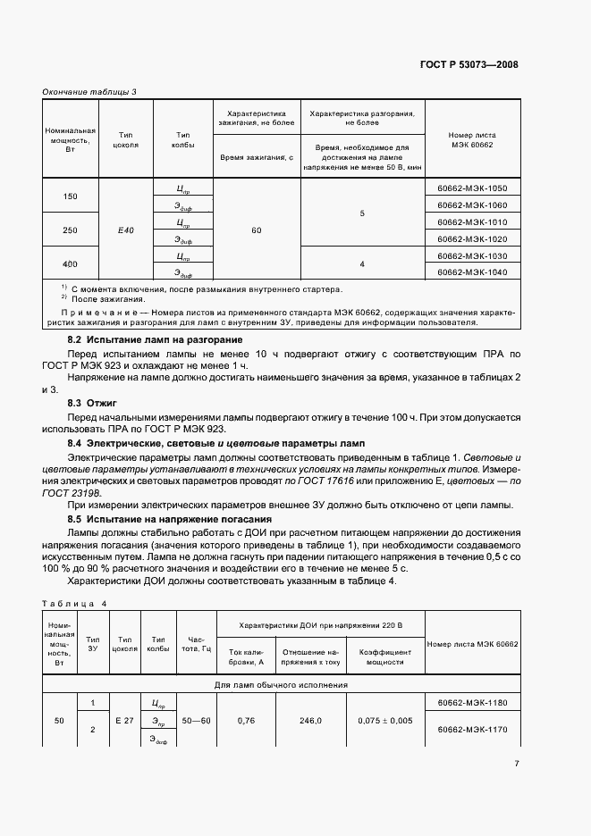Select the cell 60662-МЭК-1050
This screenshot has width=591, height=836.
pos(472,188)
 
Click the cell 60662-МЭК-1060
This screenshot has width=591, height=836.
pos(472,205)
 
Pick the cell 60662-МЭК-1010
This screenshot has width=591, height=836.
pos(472,222)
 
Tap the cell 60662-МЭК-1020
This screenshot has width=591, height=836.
pos(472,238)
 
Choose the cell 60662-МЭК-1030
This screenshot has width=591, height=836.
pos(472,255)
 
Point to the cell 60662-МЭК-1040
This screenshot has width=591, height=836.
pos(472,272)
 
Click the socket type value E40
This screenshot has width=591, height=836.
pos(126,230)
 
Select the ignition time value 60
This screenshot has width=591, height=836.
pos(256,230)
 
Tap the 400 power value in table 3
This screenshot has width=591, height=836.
pos(70,263)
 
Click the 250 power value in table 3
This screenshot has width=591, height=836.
pos(70,230)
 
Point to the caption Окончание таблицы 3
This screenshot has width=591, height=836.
pos(89,92)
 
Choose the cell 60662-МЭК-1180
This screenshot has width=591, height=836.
pos(472,704)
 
